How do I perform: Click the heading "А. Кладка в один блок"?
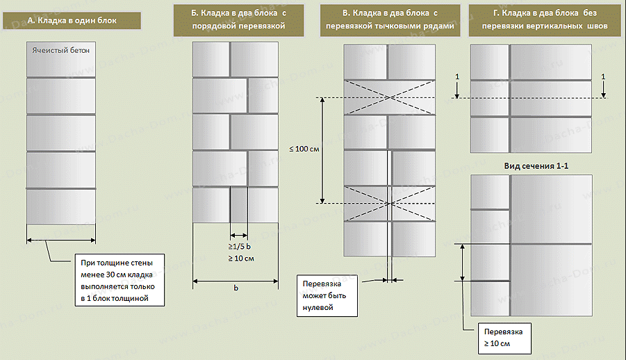point(72,20)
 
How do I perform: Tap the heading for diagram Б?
point(239,19)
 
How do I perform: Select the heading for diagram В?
point(390,19)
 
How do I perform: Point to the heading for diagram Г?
point(545,19)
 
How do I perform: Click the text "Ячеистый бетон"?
point(60,50)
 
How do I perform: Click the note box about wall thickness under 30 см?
point(120,280)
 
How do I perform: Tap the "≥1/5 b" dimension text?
point(240,247)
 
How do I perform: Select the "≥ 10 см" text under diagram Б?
point(241,259)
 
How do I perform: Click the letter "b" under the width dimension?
point(236,288)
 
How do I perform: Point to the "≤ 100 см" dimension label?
point(304,149)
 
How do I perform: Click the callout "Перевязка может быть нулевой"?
point(327,295)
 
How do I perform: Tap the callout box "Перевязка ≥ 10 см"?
point(504,338)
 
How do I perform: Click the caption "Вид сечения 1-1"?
point(536,166)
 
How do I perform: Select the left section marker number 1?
point(457,76)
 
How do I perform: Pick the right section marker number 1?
point(603,76)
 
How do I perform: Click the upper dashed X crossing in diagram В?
point(390,97)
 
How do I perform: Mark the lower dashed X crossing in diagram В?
point(390,204)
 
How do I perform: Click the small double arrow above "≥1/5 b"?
point(239,236)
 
